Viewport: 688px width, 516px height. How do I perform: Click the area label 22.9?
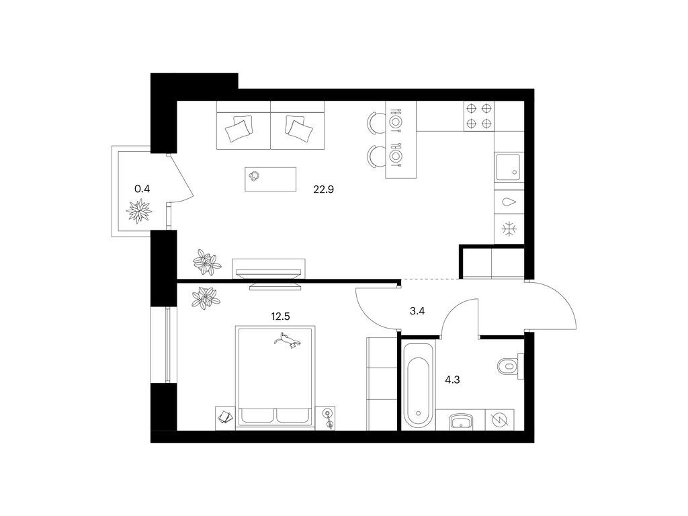(x=323, y=189)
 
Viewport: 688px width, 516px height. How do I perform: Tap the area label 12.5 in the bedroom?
(x=280, y=316)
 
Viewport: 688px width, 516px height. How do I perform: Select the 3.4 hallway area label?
(x=417, y=311)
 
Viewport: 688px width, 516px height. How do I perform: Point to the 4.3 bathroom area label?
(x=452, y=380)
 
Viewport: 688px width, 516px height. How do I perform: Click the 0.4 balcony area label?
(x=142, y=189)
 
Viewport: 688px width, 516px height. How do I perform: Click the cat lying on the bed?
(x=288, y=341)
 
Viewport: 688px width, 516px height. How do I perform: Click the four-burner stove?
(x=478, y=116)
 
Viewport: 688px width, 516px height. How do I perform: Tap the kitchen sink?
(x=508, y=167)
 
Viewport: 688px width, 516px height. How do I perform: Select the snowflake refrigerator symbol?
(x=509, y=229)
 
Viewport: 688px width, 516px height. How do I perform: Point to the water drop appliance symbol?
(x=509, y=202)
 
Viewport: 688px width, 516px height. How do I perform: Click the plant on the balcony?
(x=139, y=211)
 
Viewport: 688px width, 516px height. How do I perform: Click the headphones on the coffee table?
(x=254, y=177)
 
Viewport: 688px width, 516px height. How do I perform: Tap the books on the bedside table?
(x=226, y=417)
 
